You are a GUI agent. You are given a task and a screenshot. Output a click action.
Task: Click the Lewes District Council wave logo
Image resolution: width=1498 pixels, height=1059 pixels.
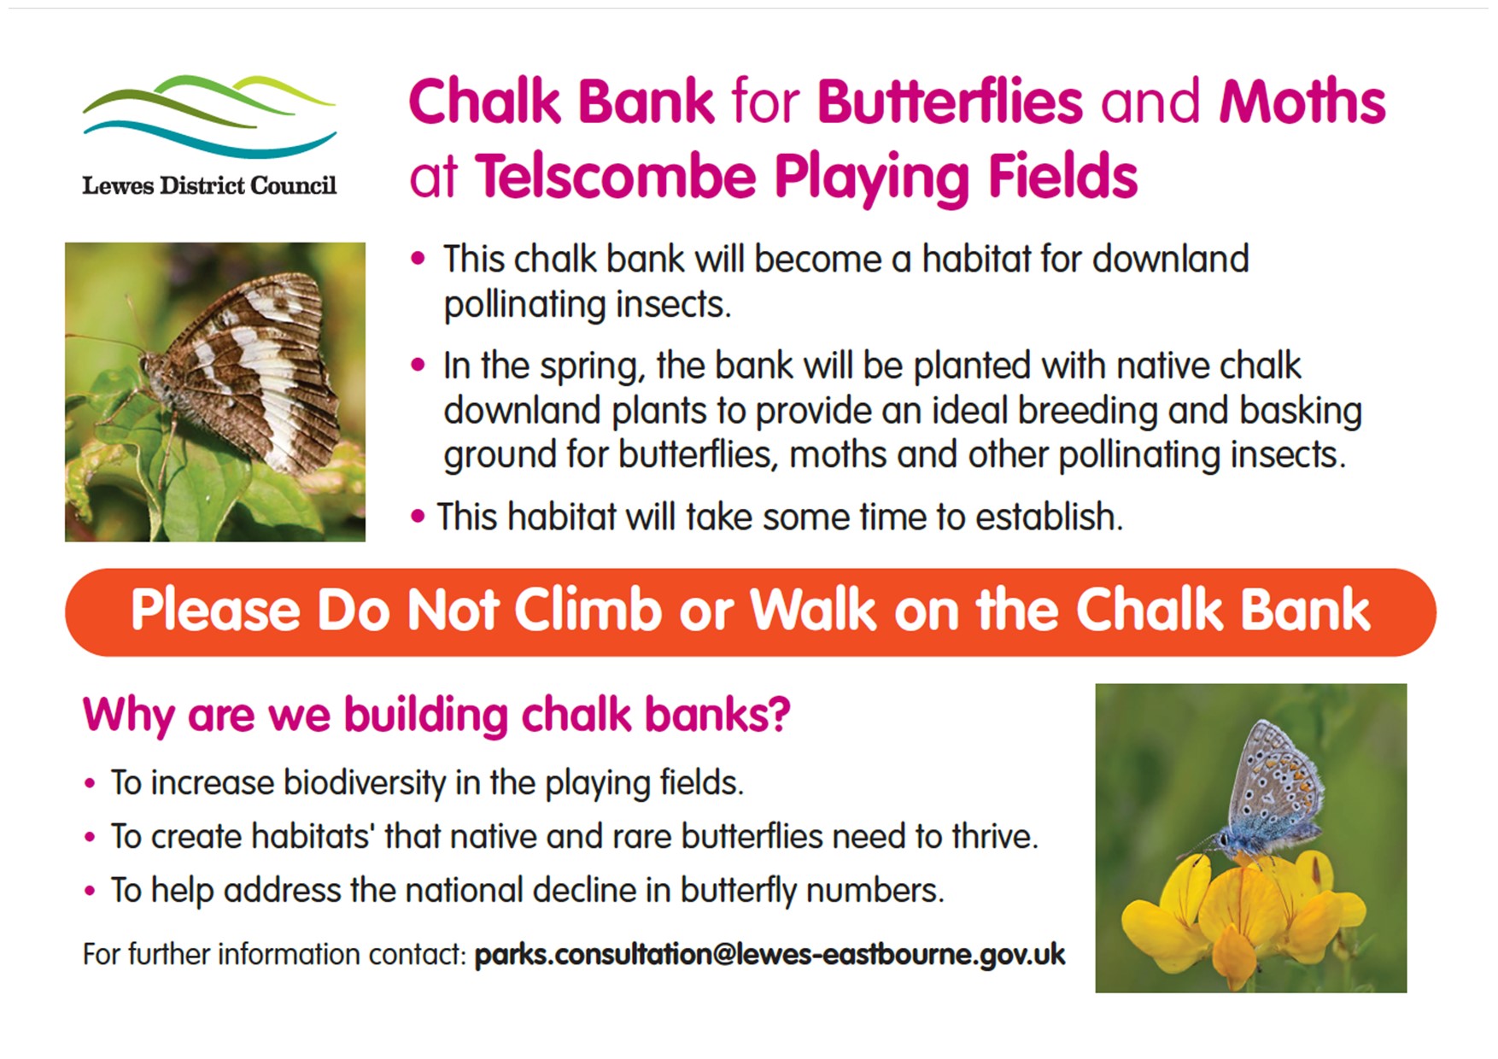click(x=209, y=116)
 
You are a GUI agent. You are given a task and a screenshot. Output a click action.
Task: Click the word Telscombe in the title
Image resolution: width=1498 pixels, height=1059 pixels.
click(x=616, y=177)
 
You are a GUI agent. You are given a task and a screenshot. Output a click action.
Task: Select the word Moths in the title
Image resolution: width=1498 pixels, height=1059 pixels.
click(x=1302, y=102)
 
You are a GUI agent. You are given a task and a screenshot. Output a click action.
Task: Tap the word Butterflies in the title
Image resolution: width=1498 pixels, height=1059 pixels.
click(x=950, y=102)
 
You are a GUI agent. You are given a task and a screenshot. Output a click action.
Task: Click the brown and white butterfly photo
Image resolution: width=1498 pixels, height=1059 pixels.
click(x=215, y=392)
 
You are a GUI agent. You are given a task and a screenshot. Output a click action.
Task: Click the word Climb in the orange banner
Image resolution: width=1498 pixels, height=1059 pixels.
click(x=588, y=611)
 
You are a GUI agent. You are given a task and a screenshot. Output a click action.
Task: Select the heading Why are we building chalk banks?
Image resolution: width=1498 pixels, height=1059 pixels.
click(x=436, y=714)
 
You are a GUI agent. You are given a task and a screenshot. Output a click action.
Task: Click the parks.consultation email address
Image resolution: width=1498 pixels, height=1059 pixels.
click(x=769, y=954)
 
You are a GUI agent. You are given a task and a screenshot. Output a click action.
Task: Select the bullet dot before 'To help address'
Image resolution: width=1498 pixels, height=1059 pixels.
click(x=90, y=891)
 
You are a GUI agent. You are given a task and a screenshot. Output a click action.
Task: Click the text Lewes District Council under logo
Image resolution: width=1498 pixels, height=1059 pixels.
click(x=209, y=185)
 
